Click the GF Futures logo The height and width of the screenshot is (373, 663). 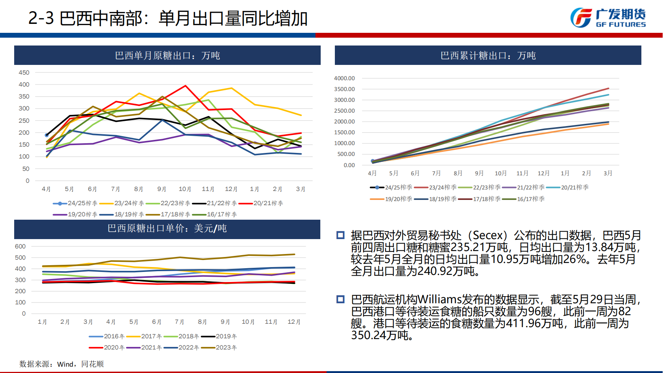point(608,18)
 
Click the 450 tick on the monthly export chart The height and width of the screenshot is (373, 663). point(24,73)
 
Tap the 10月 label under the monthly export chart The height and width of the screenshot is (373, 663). point(185,189)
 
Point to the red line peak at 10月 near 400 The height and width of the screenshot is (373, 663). point(185,86)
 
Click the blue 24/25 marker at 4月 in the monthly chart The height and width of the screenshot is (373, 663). point(47,135)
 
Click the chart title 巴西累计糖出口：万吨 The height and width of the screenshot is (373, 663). point(488,56)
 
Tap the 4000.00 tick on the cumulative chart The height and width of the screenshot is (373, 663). point(344,78)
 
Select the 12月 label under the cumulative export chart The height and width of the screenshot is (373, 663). point(543,173)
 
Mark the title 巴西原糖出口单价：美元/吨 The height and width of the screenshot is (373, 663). point(167,228)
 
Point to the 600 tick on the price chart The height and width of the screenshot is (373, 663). point(20,247)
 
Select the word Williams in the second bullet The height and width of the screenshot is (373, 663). point(440,299)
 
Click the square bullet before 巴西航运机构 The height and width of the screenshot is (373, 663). point(340,299)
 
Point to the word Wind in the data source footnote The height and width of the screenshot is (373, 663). point(65,364)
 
